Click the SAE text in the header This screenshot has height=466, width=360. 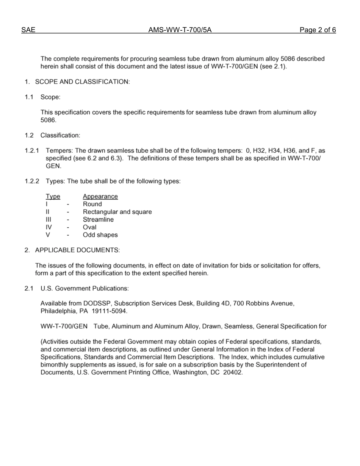pyautogui.click(x=28, y=30)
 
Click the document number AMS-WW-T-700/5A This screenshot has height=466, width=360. pyautogui.click(x=180, y=30)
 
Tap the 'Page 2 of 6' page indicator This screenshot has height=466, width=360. pyautogui.click(x=318, y=30)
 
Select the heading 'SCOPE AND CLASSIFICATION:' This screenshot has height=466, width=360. pyautogui.click(x=82, y=82)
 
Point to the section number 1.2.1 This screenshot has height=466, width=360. pyautogui.click(x=32, y=151)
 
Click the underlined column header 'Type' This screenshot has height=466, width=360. pyautogui.click(x=53, y=197)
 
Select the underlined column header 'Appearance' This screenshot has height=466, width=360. pyautogui.click(x=100, y=197)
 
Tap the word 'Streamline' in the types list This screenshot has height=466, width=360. pyautogui.click(x=98, y=220)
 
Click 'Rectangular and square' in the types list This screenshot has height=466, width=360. pyautogui.click(x=117, y=212)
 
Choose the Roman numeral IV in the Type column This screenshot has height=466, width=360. pyautogui.click(x=49, y=227)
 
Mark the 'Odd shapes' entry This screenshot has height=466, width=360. pyautogui.click(x=100, y=235)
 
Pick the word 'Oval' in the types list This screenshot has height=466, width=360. pyautogui.click(x=89, y=227)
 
